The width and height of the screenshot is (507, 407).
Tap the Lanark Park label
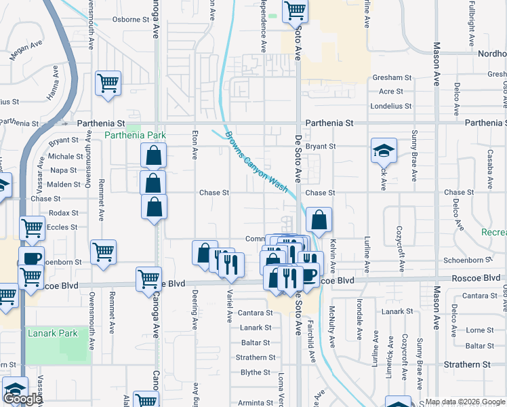pos(53,333)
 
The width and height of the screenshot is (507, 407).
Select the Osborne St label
pos(130,20)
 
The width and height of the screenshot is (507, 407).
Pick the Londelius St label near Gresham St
pos(392,106)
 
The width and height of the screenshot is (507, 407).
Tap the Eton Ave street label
pos(195,144)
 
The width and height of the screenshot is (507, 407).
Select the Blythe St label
pos(256,372)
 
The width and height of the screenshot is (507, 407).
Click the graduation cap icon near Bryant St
pos(384,150)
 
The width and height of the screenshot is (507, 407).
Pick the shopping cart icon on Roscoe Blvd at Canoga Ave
pos(148,278)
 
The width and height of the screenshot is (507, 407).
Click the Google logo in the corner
pos(22,399)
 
